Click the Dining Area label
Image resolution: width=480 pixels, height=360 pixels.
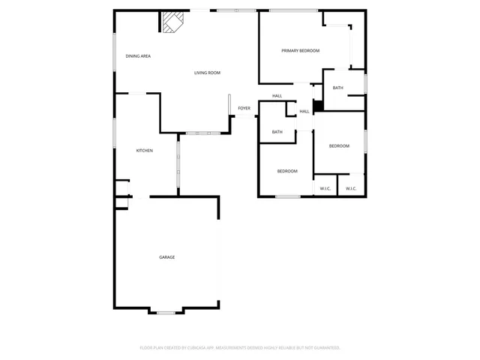coord(139,56)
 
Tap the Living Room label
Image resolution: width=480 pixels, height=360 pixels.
coord(207,73)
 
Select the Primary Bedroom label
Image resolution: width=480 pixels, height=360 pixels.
coord(300,51)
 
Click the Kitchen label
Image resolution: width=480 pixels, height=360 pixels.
coord(144,151)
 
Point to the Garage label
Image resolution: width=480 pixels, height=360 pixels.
coord(166,257)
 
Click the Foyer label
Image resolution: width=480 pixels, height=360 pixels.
coord(244,109)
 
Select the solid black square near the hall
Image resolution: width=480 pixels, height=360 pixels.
coord(317,106)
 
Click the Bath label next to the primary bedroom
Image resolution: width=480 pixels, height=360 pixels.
coord(337,88)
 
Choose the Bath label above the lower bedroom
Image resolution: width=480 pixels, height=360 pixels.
coord(277,133)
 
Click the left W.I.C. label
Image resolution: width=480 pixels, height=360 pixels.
coord(325,188)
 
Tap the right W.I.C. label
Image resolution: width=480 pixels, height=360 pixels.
coord(350,188)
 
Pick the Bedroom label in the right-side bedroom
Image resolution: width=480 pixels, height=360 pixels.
coord(339,146)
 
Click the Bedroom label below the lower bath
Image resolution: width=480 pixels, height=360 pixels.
coord(287,172)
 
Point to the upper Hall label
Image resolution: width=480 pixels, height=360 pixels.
coord(277,96)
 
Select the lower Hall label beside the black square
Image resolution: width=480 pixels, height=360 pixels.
coord(304,112)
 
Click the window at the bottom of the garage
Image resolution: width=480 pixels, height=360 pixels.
coord(166,312)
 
